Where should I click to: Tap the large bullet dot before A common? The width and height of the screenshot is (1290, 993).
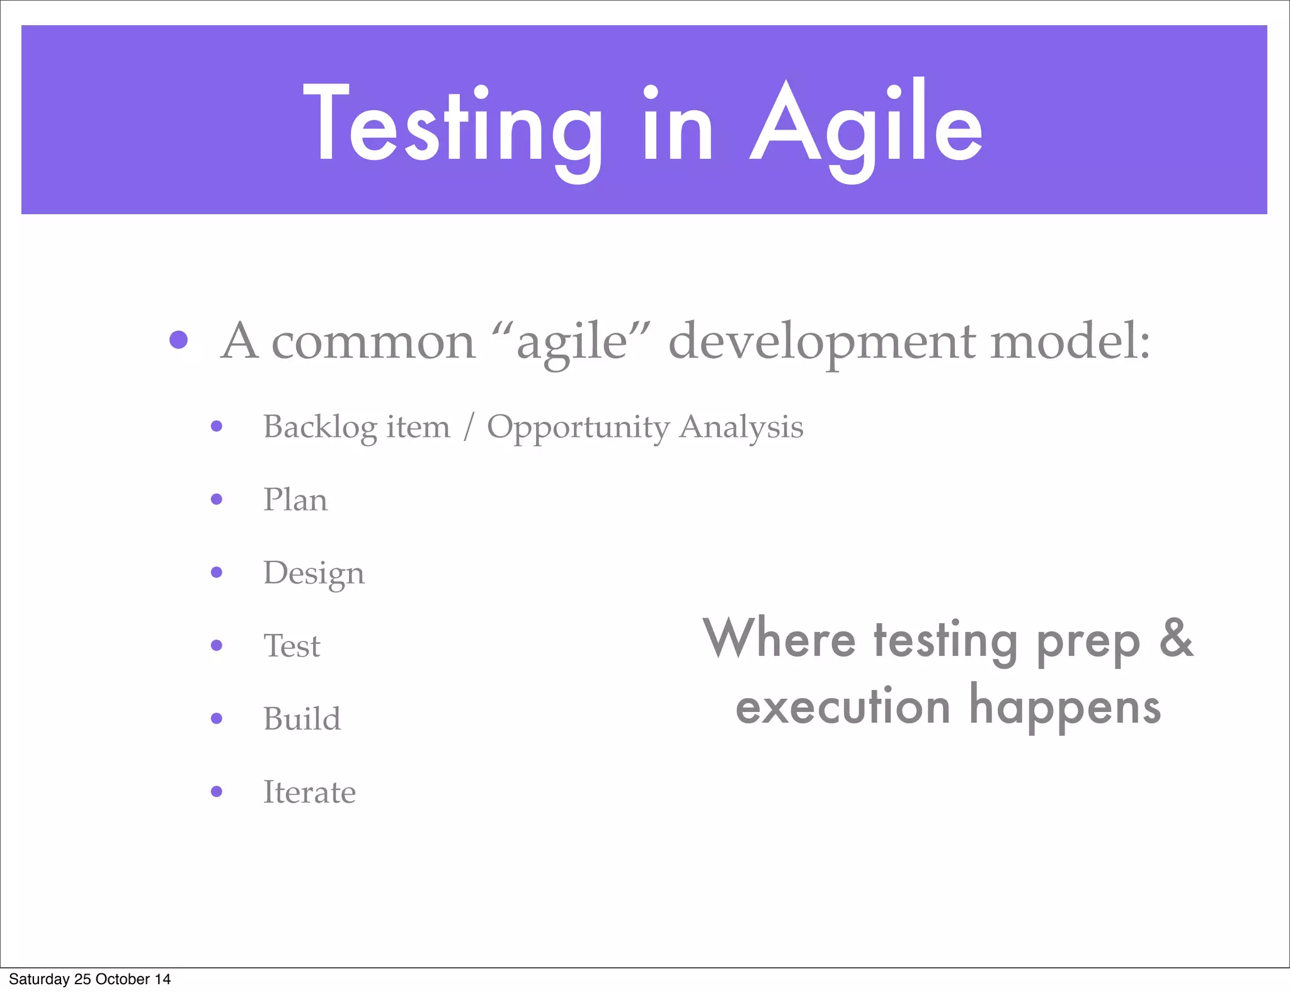pos(179,340)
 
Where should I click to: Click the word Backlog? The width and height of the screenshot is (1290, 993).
pos(320,427)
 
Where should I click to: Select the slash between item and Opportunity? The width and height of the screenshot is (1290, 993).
pos(468,427)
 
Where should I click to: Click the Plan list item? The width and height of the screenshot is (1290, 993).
pos(295,500)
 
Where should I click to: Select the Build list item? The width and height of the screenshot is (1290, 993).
pos(302,719)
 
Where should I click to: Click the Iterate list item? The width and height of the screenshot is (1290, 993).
pos(309,793)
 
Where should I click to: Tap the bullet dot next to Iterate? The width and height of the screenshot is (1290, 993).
pos(217,791)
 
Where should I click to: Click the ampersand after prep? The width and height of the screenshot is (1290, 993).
pos(1176,638)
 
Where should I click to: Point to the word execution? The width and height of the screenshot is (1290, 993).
pos(843,707)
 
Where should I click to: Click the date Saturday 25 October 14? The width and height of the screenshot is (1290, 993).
pos(89,979)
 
